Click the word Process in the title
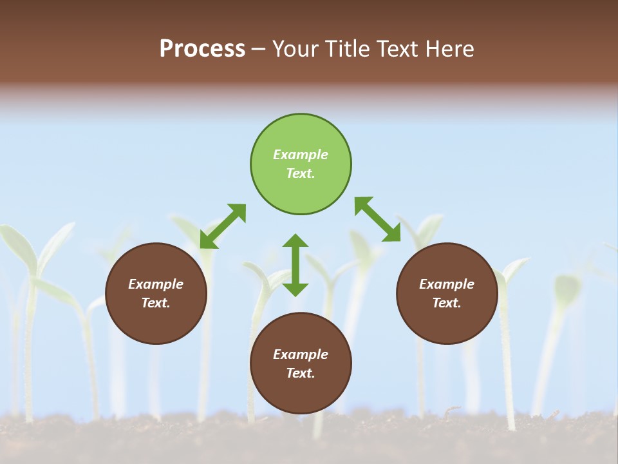202,49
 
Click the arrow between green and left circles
223,226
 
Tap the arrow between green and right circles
378,219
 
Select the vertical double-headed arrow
295,265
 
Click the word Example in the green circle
301,155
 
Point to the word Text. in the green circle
301,173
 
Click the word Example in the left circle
156,284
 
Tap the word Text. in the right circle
447,303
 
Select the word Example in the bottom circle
301,354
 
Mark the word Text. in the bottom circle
301,373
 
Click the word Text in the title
395,49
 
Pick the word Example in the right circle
447,284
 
